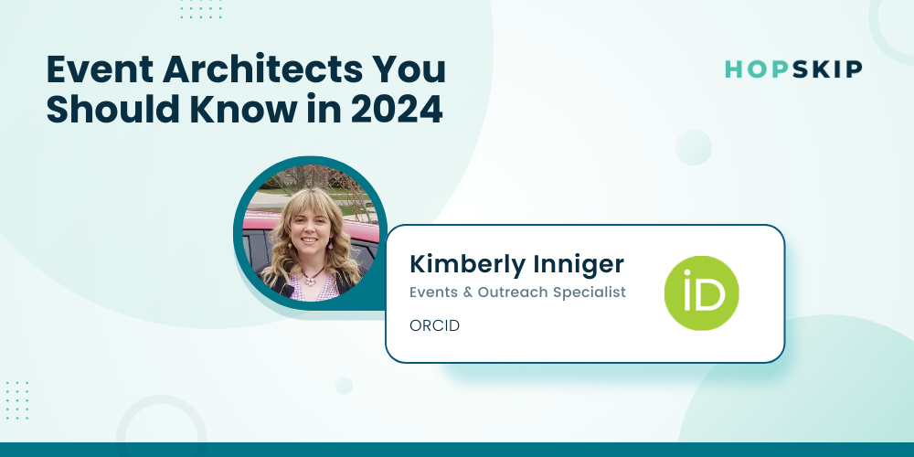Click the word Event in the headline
coord(99,70)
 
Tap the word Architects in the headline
coord(261,70)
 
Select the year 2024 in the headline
coord(397,111)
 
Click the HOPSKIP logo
coord(793,69)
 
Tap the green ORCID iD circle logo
coord(701,293)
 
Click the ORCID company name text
coord(435,326)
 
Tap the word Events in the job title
coord(433,292)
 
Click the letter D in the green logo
coord(712,297)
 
